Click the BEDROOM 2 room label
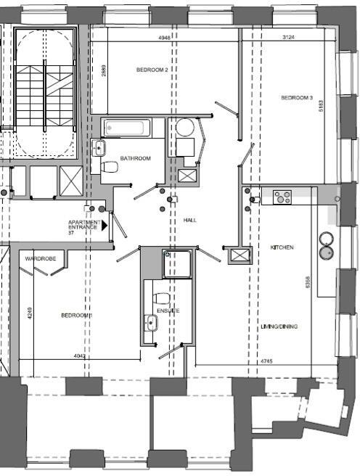pos(152,70)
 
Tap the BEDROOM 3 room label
pos(297,97)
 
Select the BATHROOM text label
pos(135,158)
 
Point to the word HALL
pos(190,220)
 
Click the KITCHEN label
pos(282,247)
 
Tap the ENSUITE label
pos(168,311)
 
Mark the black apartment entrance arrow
pos(104,226)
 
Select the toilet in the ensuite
pos(162,298)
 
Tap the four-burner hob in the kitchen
pos(282,196)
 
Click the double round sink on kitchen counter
pos(327,245)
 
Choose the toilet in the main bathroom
pos(110,168)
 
